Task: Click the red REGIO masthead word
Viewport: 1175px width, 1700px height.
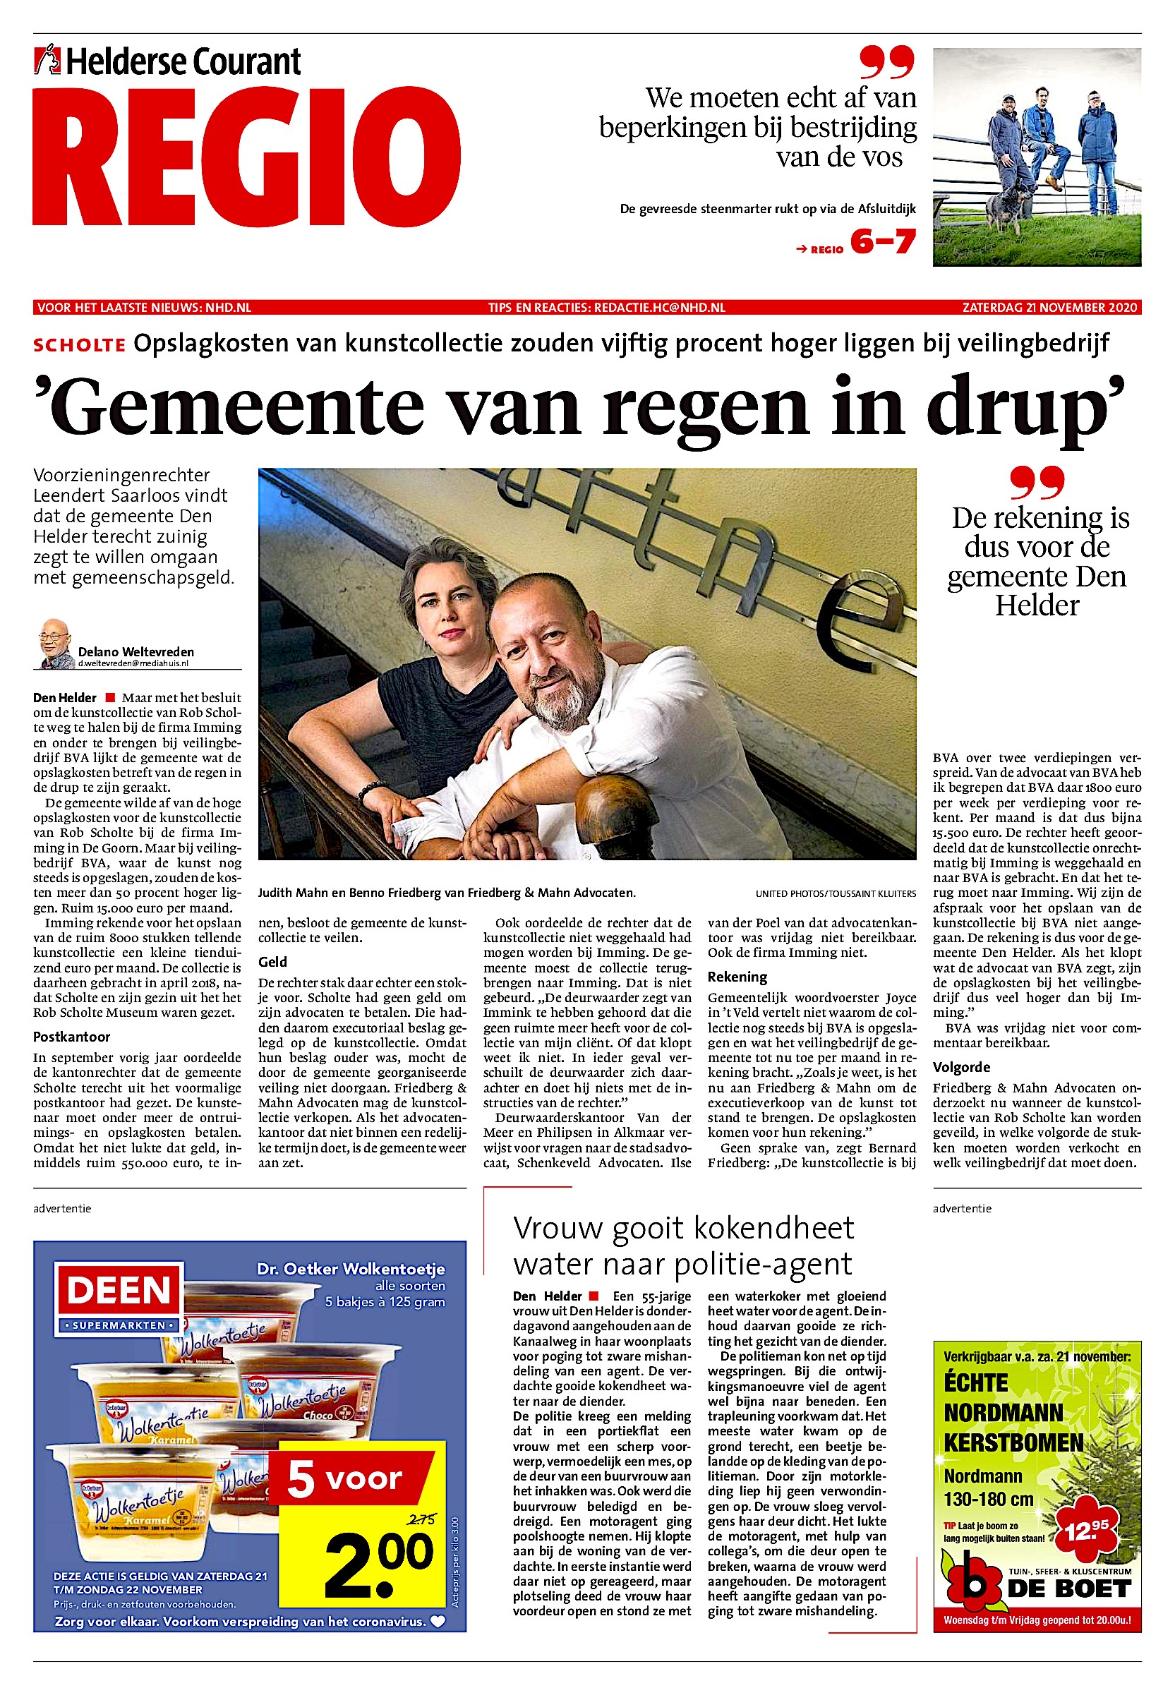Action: click(x=246, y=157)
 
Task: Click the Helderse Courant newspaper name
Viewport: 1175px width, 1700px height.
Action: click(x=183, y=62)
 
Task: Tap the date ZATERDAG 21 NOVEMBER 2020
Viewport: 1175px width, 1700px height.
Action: click(x=1049, y=307)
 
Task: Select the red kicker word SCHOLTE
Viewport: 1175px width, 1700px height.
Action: click(x=79, y=344)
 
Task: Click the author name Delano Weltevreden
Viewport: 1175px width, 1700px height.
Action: click(x=136, y=651)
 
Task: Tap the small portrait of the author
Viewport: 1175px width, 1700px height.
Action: click(x=56, y=643)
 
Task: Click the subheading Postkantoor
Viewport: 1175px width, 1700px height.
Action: click(x=71, y=1037)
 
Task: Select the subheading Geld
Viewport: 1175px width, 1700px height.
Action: click(x=272, y=962)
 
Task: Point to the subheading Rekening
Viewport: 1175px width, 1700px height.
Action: click(x=737, y=977)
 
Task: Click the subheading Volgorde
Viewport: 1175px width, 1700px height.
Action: click(x=961, y=1067)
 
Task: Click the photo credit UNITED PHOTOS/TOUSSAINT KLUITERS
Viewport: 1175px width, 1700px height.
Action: click(x=836, y=894)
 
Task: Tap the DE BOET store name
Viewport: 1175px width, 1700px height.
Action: click(x=1068, y=1589)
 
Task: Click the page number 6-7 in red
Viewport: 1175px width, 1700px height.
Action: click(x=883, y=241)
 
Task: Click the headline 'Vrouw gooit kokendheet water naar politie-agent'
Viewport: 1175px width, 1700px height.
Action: click(x=682, y=1246)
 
